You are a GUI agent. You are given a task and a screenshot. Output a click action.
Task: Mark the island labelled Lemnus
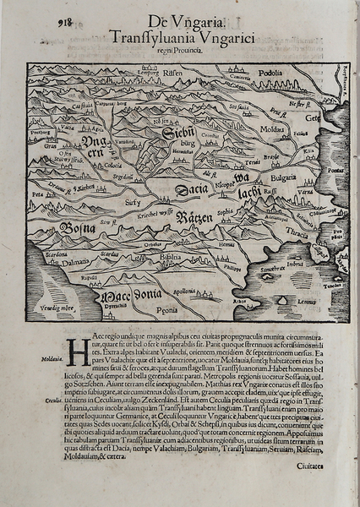309,301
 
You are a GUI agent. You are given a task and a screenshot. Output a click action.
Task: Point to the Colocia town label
88,165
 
